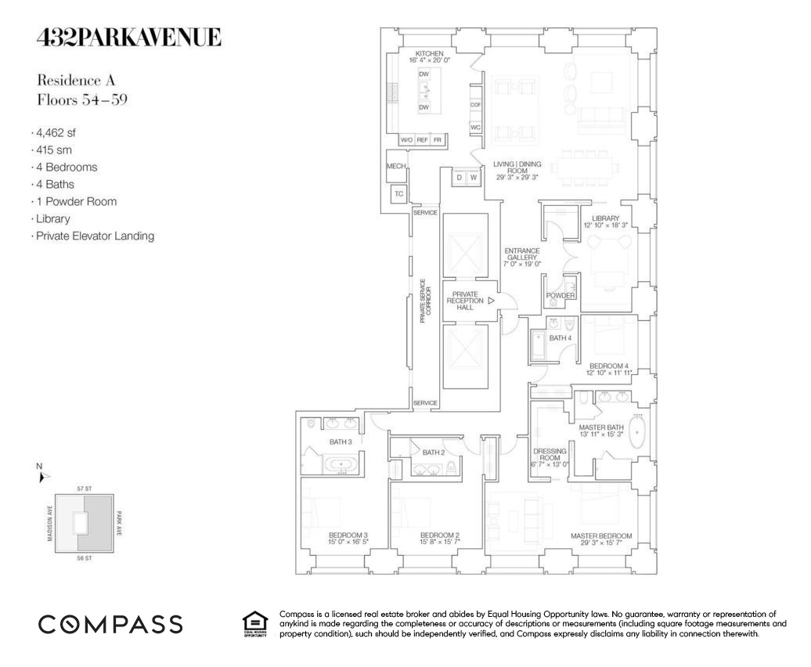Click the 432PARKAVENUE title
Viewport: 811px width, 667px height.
(129, 37)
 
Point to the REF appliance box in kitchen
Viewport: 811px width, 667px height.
(423, 139)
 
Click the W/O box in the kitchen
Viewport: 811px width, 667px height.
(406, 139)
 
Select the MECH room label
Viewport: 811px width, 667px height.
(396, 167)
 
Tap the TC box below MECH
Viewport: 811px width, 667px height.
(398, 194)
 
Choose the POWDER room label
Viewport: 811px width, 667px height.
(560, 295)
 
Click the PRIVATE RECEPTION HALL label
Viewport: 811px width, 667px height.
(465, 301)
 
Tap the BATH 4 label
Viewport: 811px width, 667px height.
(559, 338)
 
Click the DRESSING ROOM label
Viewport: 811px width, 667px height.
(550, 457)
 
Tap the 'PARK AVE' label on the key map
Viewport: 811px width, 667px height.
(119, 521)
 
